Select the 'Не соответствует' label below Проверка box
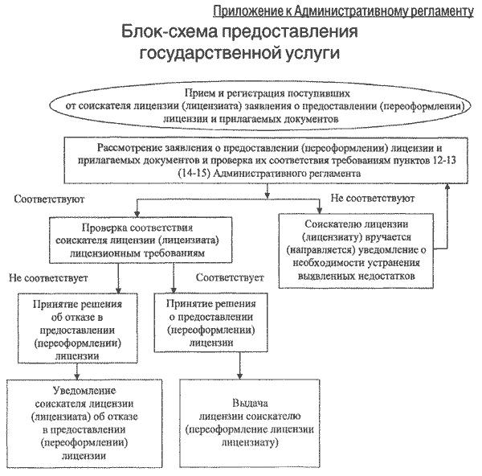click(x=47, y=278)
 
